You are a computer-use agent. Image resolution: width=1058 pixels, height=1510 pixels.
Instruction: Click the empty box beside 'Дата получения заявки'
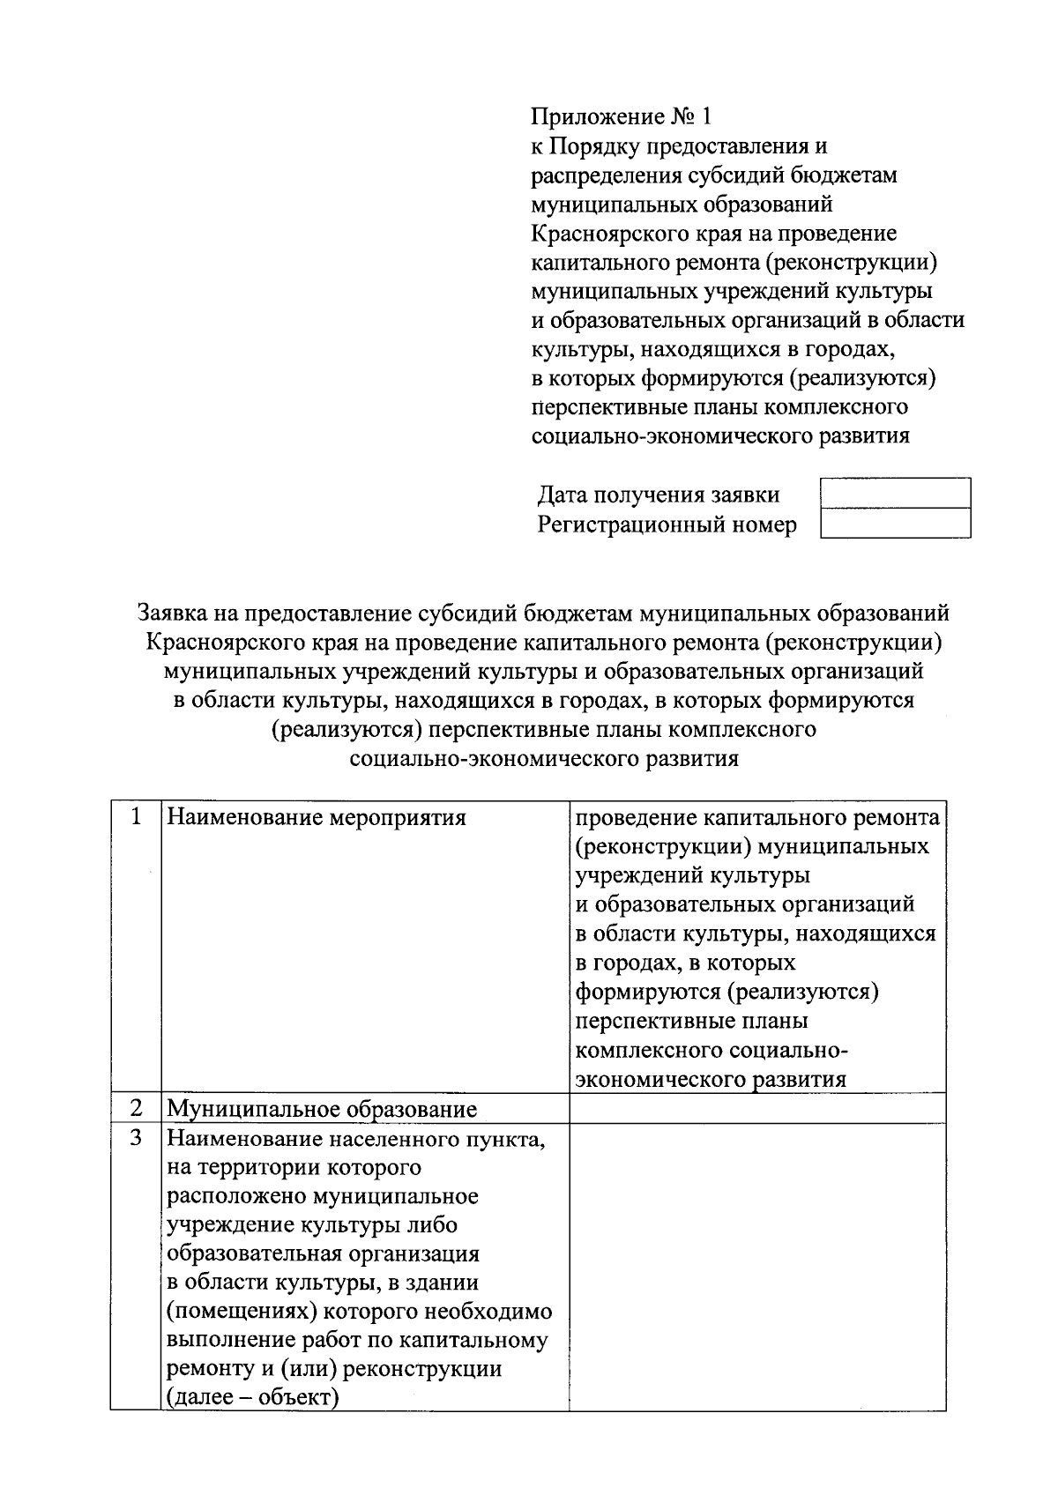[x=895, y=493]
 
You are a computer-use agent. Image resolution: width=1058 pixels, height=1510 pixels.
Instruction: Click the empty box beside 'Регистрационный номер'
[x=895, y=524]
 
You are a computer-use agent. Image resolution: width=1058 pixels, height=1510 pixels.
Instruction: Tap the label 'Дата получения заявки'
[x=659, y=495]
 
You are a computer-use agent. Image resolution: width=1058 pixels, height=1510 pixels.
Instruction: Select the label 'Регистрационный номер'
[x=667, y=525]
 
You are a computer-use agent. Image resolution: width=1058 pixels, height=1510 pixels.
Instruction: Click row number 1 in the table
[x=136, y=817]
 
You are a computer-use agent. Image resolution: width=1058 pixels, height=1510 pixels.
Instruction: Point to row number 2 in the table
[x=136, y=1108]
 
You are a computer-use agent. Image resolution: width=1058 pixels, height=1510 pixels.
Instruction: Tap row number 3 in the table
[x=136, y=1137]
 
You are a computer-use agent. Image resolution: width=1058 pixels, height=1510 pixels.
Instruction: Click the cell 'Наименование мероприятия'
[x=317, y=818]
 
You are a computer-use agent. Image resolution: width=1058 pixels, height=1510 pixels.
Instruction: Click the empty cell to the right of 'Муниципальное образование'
[x=756, y=1108]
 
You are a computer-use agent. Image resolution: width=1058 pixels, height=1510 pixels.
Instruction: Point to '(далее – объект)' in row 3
[x=253, y=1398]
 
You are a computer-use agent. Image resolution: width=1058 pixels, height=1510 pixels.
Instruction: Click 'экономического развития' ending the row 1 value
[x=710, y=1080]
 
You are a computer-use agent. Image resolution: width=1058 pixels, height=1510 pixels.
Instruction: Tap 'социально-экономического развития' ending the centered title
[x=544, y=759]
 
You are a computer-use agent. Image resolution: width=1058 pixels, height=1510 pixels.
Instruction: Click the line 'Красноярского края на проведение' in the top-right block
[x=713, y=234]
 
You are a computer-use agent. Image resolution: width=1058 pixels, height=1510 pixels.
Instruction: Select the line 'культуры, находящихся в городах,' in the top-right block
[x=712, y=350]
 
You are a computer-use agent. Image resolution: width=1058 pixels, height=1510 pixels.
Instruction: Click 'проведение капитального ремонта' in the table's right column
[x=756, y=818]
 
